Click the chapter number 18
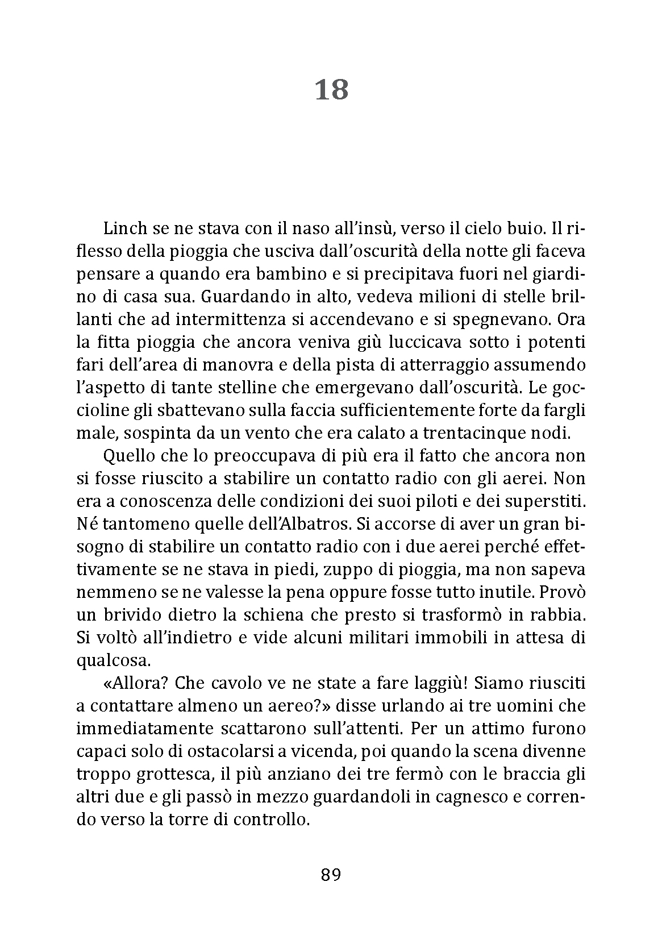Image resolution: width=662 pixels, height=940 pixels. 331,90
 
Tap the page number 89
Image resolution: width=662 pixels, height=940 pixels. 331,875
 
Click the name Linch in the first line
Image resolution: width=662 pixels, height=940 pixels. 123,228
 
